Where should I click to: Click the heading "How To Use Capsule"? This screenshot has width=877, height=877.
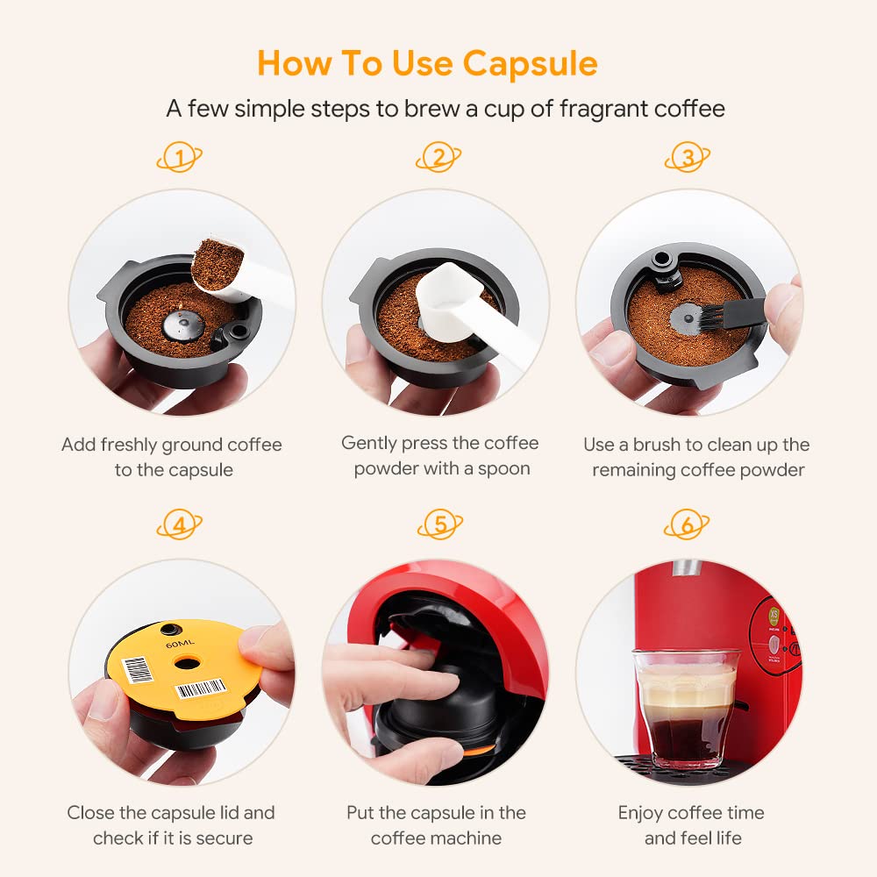point(427,63)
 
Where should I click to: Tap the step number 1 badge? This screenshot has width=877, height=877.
point(180,159)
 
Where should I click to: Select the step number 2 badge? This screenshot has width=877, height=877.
point(438,158)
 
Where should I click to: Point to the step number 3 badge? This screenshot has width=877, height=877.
point(688,158)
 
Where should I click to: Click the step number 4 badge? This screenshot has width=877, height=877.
point(180,526)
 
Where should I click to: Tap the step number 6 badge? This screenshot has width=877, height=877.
point(688,526)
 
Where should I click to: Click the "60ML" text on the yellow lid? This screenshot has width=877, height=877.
point(177,645)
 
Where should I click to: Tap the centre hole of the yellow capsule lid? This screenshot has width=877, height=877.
point(187,662)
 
